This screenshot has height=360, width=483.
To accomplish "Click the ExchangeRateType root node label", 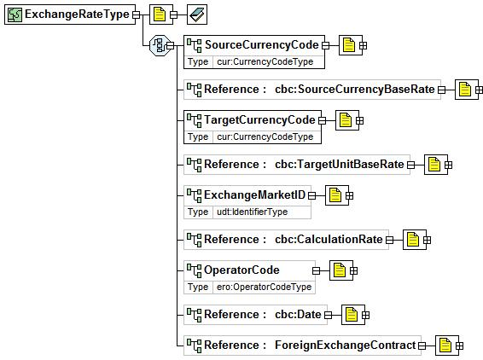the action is (x=77, y=15).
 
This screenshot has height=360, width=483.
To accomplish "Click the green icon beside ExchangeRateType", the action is (x=15, y=15).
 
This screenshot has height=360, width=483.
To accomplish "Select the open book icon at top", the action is (x=197, y=15).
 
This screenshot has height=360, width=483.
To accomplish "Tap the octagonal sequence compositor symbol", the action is (x=160, y=45).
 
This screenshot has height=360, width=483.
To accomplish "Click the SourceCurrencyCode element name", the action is (x=261, y=45).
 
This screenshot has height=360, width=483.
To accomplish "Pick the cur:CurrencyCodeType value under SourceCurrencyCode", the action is (x=265, y=62).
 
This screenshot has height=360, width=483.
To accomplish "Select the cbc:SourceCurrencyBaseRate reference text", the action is (x=354, y=90).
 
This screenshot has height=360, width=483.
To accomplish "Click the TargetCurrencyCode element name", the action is (x=259, y=119).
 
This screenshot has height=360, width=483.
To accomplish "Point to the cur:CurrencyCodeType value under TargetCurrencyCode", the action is (x=265, y=136).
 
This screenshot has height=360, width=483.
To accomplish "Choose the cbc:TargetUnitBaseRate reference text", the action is (x=339, y=164).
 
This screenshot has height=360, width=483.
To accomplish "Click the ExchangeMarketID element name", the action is (x=254, y=195).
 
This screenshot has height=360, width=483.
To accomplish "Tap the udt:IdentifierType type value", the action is (x=252, y=212).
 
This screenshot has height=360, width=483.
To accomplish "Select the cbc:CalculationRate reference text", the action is (x=329, y=239).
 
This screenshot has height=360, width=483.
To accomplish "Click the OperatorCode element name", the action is (x=241, y=270).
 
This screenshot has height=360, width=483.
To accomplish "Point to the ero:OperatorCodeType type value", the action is (x=264, y=287).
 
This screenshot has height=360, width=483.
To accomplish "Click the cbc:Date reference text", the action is (x=298, y=315).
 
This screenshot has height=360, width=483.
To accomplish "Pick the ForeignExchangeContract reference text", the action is (x=345, y=345).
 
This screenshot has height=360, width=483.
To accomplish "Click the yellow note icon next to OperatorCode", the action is (x=340, y=270).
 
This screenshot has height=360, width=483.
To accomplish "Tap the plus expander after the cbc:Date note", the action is (x=365, y=315).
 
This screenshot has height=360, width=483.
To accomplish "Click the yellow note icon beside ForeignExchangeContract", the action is (x=445, y=345).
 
